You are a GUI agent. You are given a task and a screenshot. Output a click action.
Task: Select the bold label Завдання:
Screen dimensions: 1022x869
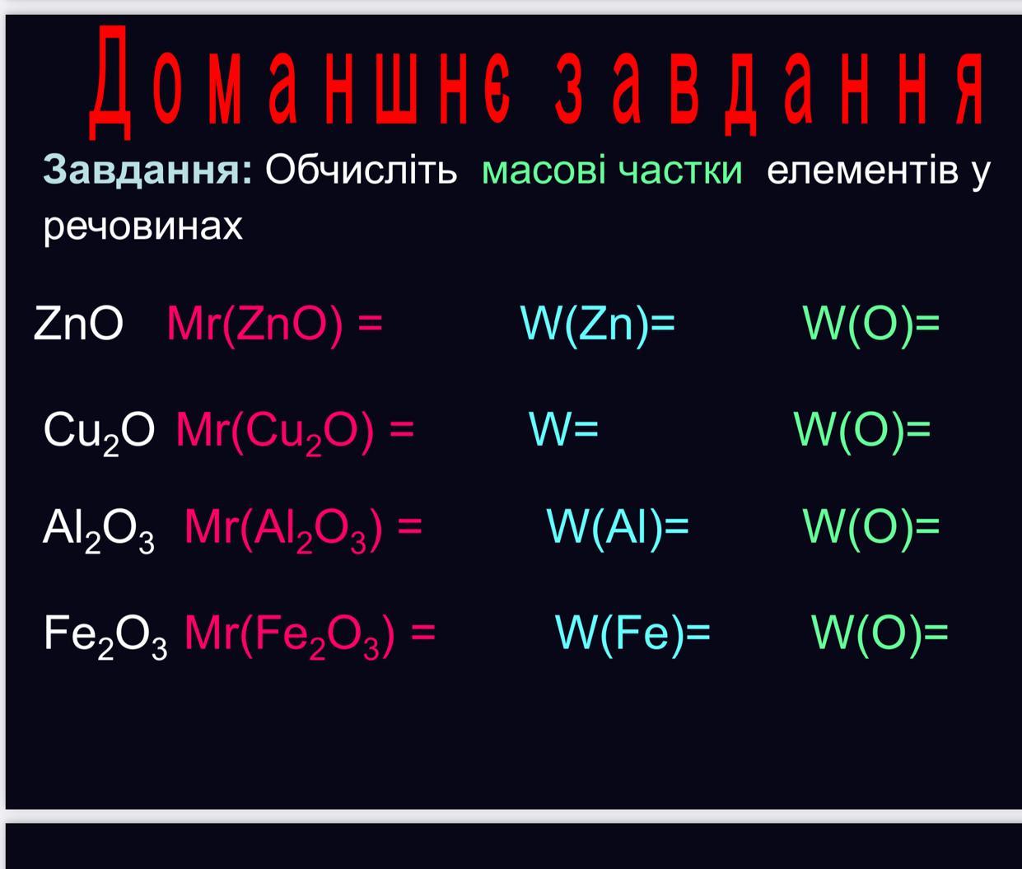[147, 170]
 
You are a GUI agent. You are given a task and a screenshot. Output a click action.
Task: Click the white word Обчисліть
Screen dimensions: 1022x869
[361, 169]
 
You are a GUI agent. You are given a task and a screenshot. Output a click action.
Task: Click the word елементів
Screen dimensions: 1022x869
[862, 171]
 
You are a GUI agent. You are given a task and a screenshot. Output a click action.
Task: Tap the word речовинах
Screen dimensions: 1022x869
[143, 227]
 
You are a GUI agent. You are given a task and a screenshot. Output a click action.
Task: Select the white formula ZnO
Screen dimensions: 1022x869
[78, 323]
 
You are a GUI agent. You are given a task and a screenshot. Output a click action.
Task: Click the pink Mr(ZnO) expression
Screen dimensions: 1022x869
[274, 325]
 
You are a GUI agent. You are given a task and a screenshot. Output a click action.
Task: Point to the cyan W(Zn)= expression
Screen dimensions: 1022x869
[598, 325]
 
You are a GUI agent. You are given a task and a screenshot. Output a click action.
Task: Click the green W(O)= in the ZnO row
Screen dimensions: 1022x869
[871, 325]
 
